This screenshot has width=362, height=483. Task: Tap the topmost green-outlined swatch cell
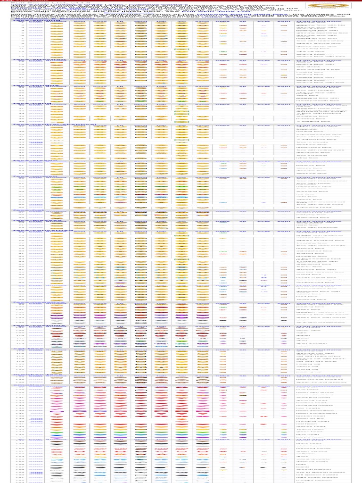coord(182,49)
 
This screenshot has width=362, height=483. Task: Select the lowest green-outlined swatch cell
coord(182,259)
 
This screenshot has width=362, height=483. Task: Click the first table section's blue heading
coord(35,21)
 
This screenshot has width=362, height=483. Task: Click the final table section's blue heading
coord(35,440)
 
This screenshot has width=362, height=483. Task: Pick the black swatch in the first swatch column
coord(57,444)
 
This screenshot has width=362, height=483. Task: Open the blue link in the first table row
coord(35,24)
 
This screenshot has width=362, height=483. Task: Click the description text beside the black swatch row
coord(306,444)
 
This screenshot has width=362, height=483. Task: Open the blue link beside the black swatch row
coord(35,444)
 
